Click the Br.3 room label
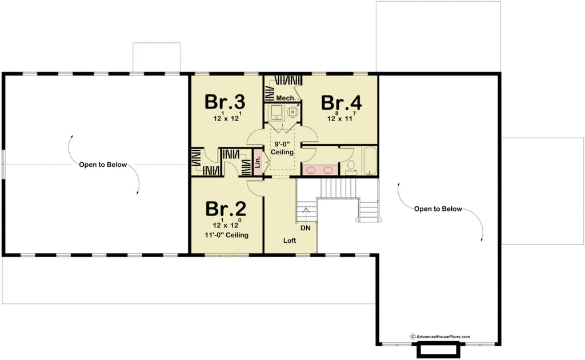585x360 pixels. tap(225, 102)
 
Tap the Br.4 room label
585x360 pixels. tap(342, 103)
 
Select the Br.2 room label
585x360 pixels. tap(226, 209)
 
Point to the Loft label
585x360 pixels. tap(290, 241)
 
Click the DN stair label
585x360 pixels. tap(306, 227)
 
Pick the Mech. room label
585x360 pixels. tap(286, 98)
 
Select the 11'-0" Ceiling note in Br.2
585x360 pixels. tap(227, 235)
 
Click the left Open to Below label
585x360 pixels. tap(103, 165)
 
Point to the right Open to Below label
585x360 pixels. tap(438, 209)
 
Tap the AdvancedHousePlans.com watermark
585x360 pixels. tap(440, 337)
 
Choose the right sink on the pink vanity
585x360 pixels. tap(328, 170)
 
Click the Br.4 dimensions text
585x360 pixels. tap(342, 118)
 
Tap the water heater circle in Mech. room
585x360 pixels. tap(294, 112)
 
